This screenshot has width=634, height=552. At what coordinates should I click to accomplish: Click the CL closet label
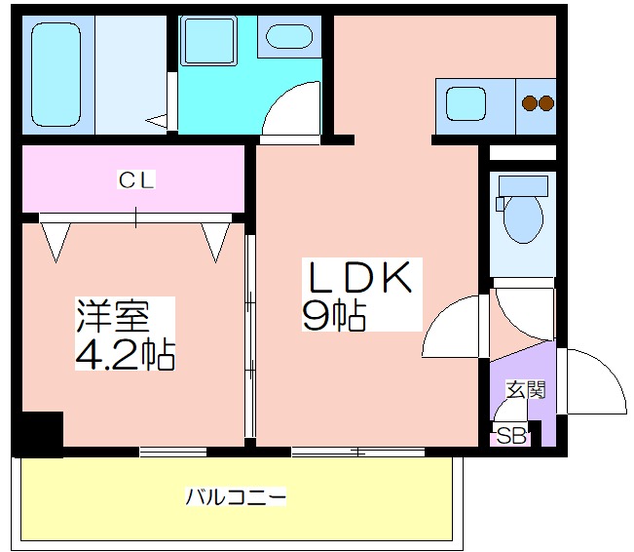(136, 179)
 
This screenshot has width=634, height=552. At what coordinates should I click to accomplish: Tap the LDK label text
(360, 277)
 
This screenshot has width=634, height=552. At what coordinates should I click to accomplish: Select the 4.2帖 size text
(126, 354)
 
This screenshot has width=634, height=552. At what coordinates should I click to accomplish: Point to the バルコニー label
(236, 497)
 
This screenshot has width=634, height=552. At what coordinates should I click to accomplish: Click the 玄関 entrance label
(526, 389)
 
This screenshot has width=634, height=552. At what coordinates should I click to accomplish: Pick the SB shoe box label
(511, 436)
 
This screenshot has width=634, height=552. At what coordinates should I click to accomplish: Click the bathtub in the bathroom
(56, 74)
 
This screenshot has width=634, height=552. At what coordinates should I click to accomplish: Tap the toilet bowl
(523, 219)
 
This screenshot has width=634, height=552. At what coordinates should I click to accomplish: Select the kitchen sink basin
(466, 103)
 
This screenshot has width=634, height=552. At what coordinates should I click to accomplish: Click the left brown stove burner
(529, 103)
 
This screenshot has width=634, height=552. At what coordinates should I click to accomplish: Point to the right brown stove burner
(546, 103)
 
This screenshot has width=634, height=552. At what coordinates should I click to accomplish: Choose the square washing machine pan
(208, 41)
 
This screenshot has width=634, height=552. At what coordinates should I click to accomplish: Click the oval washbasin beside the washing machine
(289, 36)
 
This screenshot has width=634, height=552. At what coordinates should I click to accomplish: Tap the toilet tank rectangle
(523, 186)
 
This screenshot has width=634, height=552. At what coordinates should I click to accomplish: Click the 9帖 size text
(335, 316)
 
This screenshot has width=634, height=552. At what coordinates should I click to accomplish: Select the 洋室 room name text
(113, 316)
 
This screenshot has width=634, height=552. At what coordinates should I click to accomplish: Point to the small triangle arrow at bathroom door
(157, 120)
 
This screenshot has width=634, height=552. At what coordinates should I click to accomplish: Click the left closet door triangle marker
(56, 242)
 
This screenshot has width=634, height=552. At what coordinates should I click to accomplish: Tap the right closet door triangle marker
(215, 242)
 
